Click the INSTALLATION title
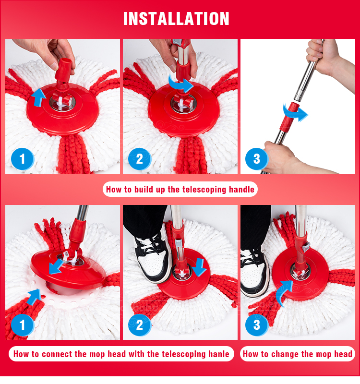click(176, 19)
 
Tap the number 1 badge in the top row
click(22, 159)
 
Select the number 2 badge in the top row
click(139, 159)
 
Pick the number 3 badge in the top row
click(256, 159)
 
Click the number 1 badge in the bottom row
click(22, 325)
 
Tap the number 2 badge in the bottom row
click(139, 325)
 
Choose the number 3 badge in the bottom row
click(256, 325)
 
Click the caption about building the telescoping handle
click(180, 189)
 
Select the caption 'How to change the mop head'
click(297, 354)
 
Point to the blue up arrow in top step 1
click(38, 97)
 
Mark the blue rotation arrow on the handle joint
click(295, 112)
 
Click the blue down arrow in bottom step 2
click(200, 267)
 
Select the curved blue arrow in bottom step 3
click(284, 293)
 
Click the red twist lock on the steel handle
click(288, 116)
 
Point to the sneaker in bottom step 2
click(153, 258)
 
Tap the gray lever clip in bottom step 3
click(306, 247)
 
